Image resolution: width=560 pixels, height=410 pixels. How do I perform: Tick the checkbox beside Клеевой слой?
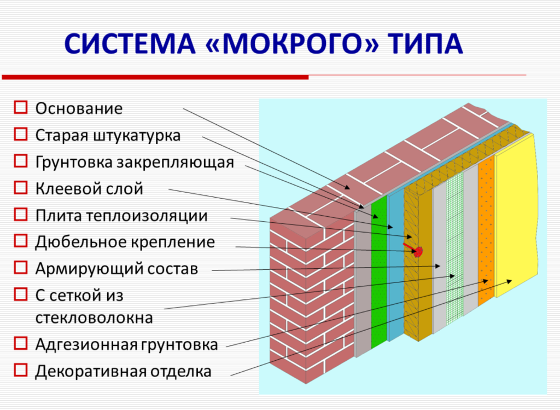pos(21,188)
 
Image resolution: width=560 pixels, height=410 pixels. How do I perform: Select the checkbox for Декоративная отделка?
pos(21,371)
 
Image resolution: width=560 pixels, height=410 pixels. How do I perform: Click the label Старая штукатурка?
pos(108,135)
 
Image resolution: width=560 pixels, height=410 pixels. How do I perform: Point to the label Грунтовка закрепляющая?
pos(135,162)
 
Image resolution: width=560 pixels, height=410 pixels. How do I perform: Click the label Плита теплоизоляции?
pos(121,215)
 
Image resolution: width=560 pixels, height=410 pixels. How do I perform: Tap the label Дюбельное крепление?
pos(125,242)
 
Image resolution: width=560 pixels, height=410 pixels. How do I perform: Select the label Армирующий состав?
pos(116,269)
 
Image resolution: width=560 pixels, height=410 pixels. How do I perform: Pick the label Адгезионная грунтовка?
pos(126,344)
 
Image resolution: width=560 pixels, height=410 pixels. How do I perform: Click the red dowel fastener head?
pos(418,252)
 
